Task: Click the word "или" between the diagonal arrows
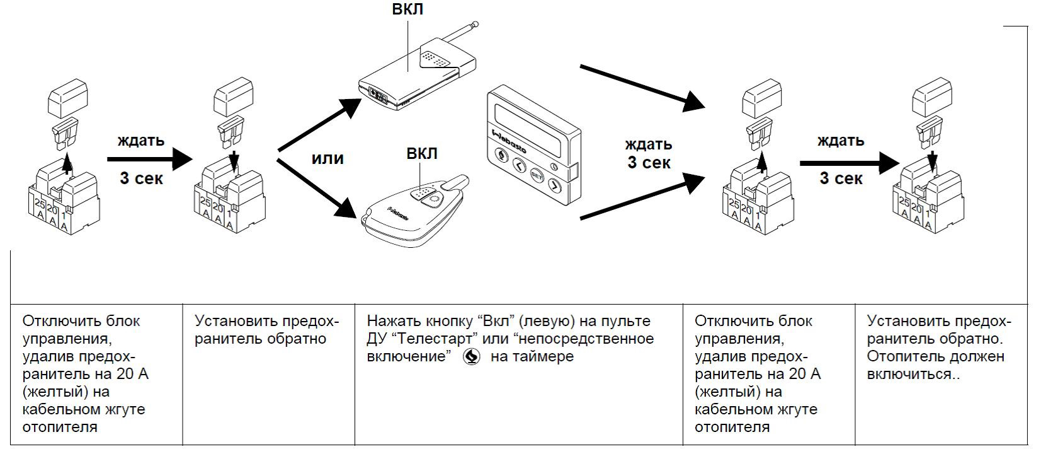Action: click(327, 158)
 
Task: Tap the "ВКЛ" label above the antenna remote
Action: click(407, 9)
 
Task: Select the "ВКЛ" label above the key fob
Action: click(421, 154)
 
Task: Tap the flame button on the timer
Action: click(502, 156)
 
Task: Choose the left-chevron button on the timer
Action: click(519, 166)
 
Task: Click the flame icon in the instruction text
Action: click(470, 357)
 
